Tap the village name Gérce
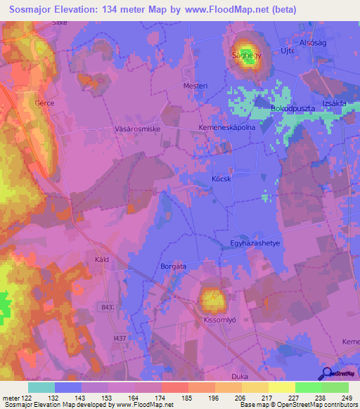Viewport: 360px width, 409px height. [44, 103]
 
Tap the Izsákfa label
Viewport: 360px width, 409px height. [336, 103]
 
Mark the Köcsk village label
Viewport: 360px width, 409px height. [221, 178]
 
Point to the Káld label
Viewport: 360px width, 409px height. [102, 259]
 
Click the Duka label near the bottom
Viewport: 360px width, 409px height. [240, 376]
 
